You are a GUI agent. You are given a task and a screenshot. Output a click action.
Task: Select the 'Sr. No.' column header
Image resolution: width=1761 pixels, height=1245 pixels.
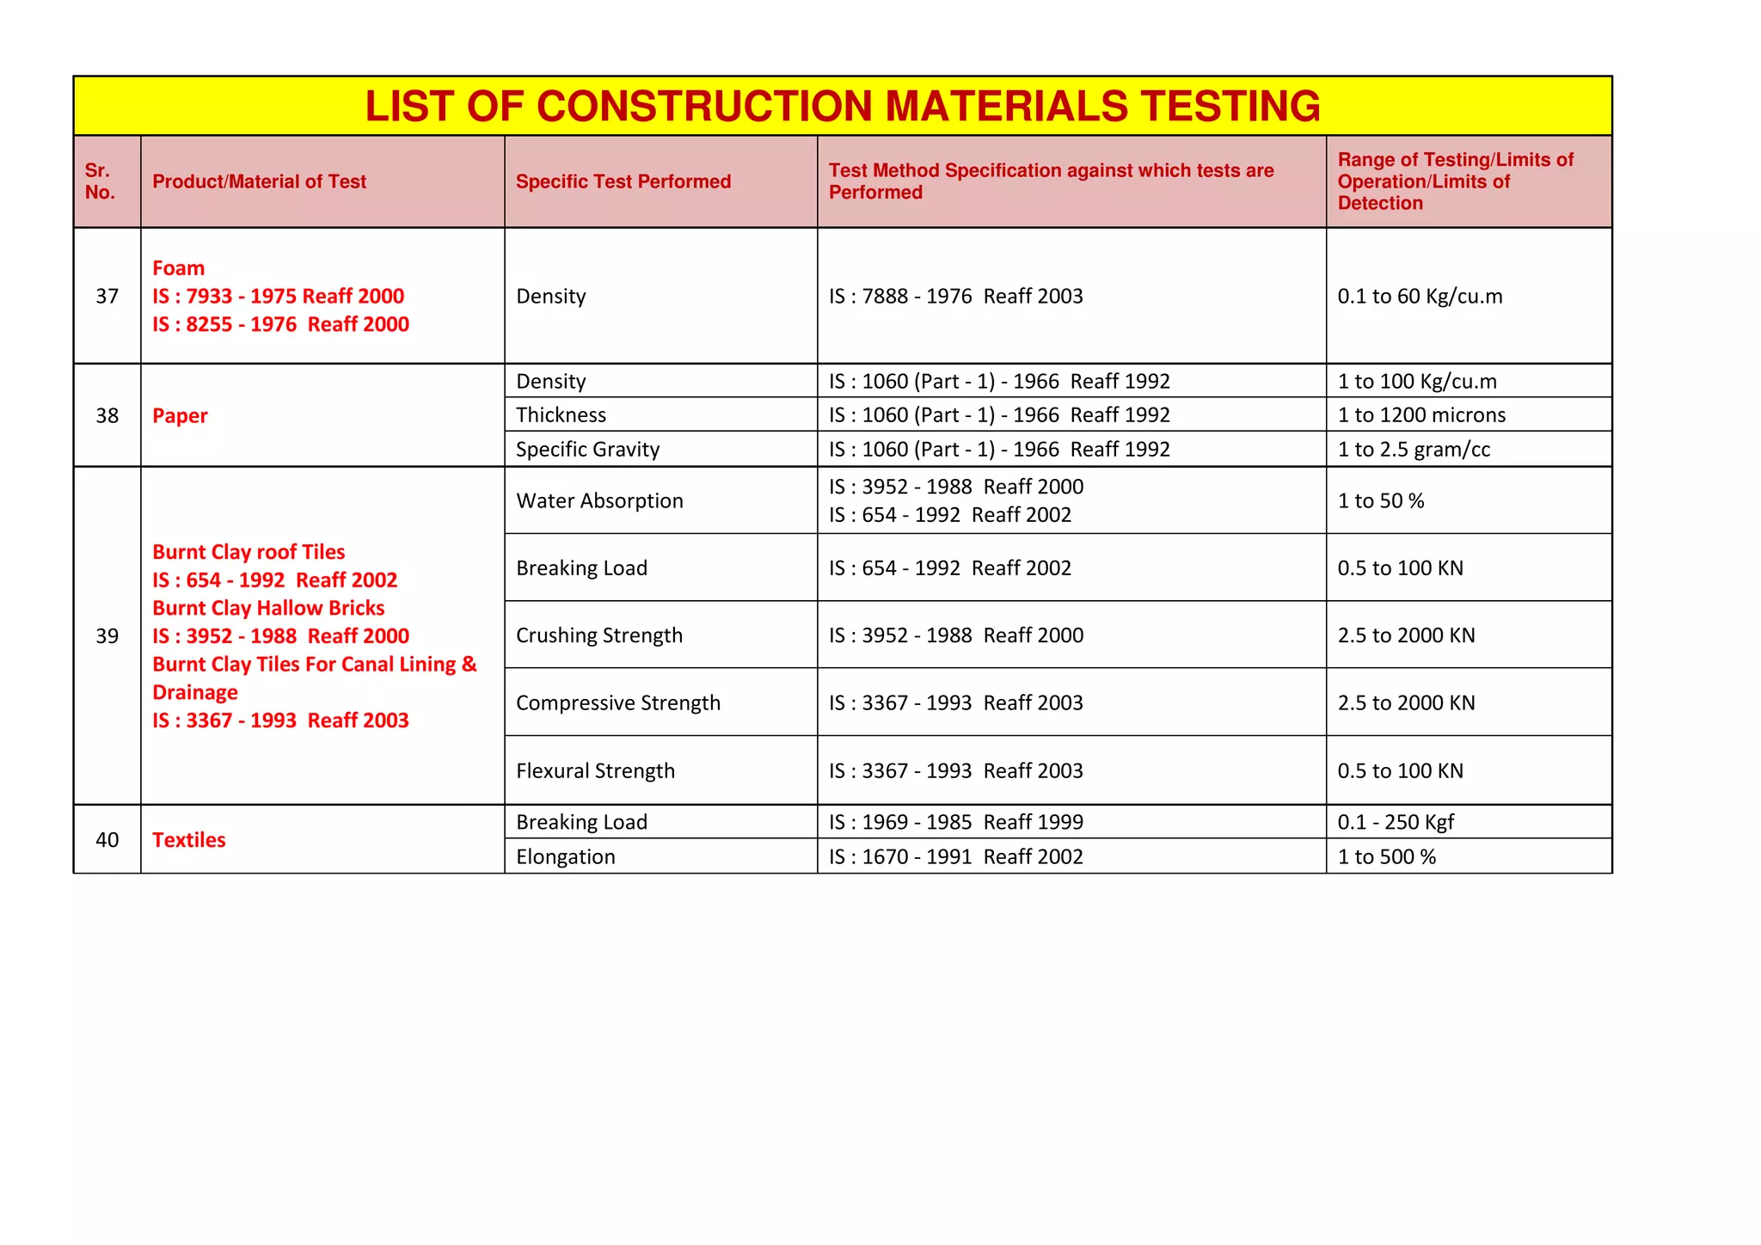tap(100, 181)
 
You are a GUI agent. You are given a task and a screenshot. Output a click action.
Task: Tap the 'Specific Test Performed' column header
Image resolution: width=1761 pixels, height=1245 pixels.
tap(623, 181)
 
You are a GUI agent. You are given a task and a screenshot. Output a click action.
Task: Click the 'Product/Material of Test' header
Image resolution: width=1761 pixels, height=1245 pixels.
tap(259, 181)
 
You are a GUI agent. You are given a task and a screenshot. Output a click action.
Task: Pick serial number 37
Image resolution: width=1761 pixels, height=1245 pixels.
tap(107, 297)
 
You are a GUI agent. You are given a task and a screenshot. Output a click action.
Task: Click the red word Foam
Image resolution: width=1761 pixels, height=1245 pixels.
tap(178, 268)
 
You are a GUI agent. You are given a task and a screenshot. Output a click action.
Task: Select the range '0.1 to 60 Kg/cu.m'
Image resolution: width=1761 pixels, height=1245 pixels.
tap(1420, 297)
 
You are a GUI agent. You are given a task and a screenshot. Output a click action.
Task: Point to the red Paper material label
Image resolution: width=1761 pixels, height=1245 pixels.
tap(180, 415)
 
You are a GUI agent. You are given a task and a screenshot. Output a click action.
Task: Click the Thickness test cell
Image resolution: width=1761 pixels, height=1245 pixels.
tap(561, 415)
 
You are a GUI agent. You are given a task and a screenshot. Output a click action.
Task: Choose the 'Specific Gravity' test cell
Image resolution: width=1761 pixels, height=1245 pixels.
tap(587, 450)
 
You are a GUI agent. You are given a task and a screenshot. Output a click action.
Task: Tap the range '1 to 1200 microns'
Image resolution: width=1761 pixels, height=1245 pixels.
tap(1421, 415)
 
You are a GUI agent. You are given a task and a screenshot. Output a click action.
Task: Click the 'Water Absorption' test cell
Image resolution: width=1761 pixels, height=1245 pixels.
tap(599, 500)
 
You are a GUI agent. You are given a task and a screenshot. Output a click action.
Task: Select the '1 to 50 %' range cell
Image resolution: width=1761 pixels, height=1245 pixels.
tap(1380, 500)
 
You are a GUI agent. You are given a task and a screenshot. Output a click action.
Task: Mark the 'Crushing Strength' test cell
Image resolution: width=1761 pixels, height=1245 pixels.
tap(598, 635)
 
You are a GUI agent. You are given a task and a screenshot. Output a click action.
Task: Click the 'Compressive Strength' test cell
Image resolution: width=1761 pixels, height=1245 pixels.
tap(617, 702)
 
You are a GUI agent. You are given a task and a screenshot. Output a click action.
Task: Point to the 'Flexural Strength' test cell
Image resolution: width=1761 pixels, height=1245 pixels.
tap(595, 770)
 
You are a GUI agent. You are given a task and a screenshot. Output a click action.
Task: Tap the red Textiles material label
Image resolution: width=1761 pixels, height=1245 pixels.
tap(188, 840)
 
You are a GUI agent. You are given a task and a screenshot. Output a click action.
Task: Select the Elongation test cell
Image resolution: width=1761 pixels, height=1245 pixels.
tap(565, 856)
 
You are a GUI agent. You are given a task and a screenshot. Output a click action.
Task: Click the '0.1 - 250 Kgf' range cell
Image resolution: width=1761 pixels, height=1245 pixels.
tap(1395, 822)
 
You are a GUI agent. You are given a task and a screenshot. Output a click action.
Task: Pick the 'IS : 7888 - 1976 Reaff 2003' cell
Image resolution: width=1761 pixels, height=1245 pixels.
tap(955, 297)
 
